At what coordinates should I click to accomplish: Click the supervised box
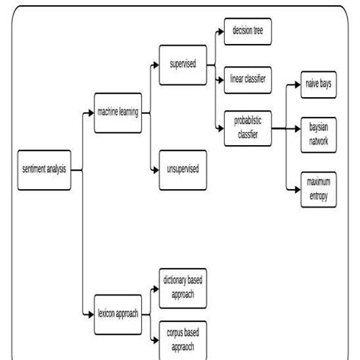coord(183,64)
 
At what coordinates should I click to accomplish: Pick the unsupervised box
coord(183,168)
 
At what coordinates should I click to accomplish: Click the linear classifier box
coord(247,78)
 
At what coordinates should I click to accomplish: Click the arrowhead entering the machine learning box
coord(89,113)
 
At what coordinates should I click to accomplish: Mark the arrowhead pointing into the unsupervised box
coord(155,168)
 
